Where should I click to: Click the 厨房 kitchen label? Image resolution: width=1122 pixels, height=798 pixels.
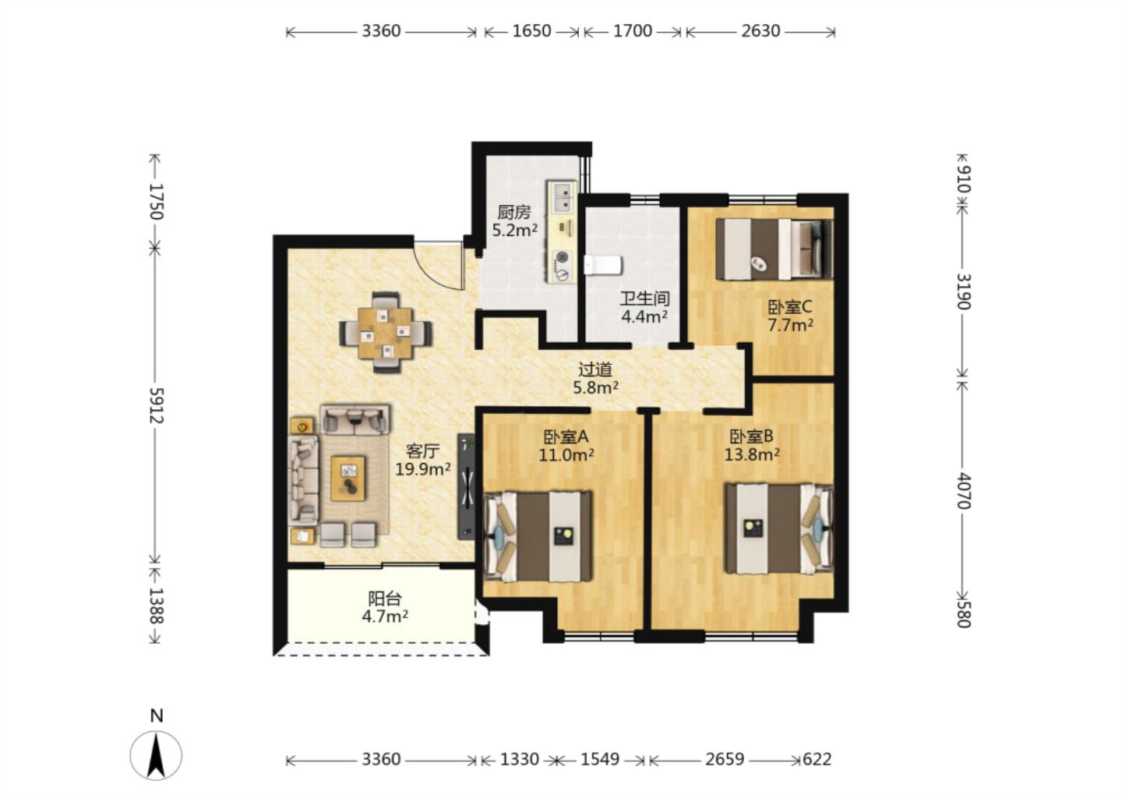(513, 213)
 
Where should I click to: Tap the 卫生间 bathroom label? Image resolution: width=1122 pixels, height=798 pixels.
(644, 298)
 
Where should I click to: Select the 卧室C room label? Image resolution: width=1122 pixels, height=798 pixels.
(790, 306)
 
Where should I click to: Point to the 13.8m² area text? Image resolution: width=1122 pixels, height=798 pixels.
(752, 454)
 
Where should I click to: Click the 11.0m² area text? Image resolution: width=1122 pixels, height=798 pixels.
(566, 455)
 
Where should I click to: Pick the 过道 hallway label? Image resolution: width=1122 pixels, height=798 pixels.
(595, 369)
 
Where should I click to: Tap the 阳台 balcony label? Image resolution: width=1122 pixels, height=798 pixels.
(385, 598)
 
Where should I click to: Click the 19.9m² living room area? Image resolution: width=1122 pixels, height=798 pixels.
(423, 469)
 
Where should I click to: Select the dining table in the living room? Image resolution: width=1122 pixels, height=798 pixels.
(386, 332)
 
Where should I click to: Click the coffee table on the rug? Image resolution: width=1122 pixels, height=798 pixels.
(348, 478)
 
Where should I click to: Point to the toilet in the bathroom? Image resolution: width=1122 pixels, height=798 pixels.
(603, 264)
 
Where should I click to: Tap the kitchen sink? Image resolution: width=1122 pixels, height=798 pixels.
(563, 198)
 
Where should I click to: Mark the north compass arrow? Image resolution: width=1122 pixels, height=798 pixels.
(157, 755)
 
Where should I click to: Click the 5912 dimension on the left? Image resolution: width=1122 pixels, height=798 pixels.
(157, 405)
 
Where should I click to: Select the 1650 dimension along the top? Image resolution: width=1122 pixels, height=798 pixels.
(532, 31)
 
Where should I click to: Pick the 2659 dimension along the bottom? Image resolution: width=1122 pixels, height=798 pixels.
(725, 760)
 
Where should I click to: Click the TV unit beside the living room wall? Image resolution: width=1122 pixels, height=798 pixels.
(466, 486)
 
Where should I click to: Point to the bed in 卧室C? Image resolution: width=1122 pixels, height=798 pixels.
(774, 249)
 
